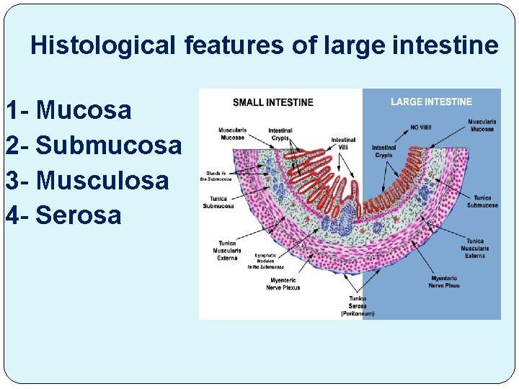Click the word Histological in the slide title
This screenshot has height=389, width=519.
point(102,46)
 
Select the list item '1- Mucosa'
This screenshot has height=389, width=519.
point(68,110)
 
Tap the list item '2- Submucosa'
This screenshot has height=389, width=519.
point(93,146)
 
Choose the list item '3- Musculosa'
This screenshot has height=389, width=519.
point(86,180)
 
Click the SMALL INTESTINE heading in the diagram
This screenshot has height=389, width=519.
point(273,102)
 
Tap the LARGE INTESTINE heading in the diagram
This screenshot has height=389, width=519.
point(431,102)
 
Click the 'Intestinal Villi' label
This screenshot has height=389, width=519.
point(343,143)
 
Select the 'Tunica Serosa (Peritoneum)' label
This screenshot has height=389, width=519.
point(358,305)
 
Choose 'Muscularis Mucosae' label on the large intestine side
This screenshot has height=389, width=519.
point(481,125)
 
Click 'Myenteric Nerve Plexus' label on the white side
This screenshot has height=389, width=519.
point(283,283)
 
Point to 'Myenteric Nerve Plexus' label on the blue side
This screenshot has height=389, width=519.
point(443,282)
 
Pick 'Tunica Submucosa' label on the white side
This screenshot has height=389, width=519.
point(218,202)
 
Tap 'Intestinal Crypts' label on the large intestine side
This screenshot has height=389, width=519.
point(384,151)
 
